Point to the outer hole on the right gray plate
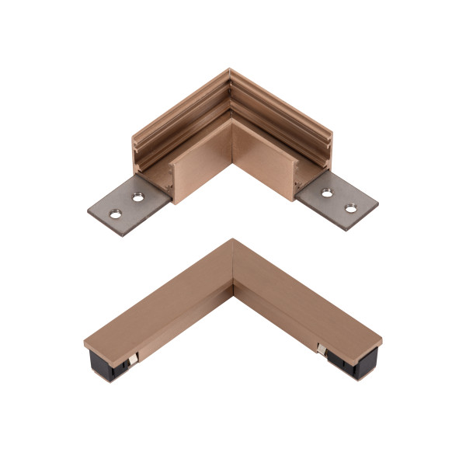tap(349, 208)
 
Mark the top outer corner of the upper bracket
tap(230, 71)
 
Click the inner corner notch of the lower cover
tap(233, 289)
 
